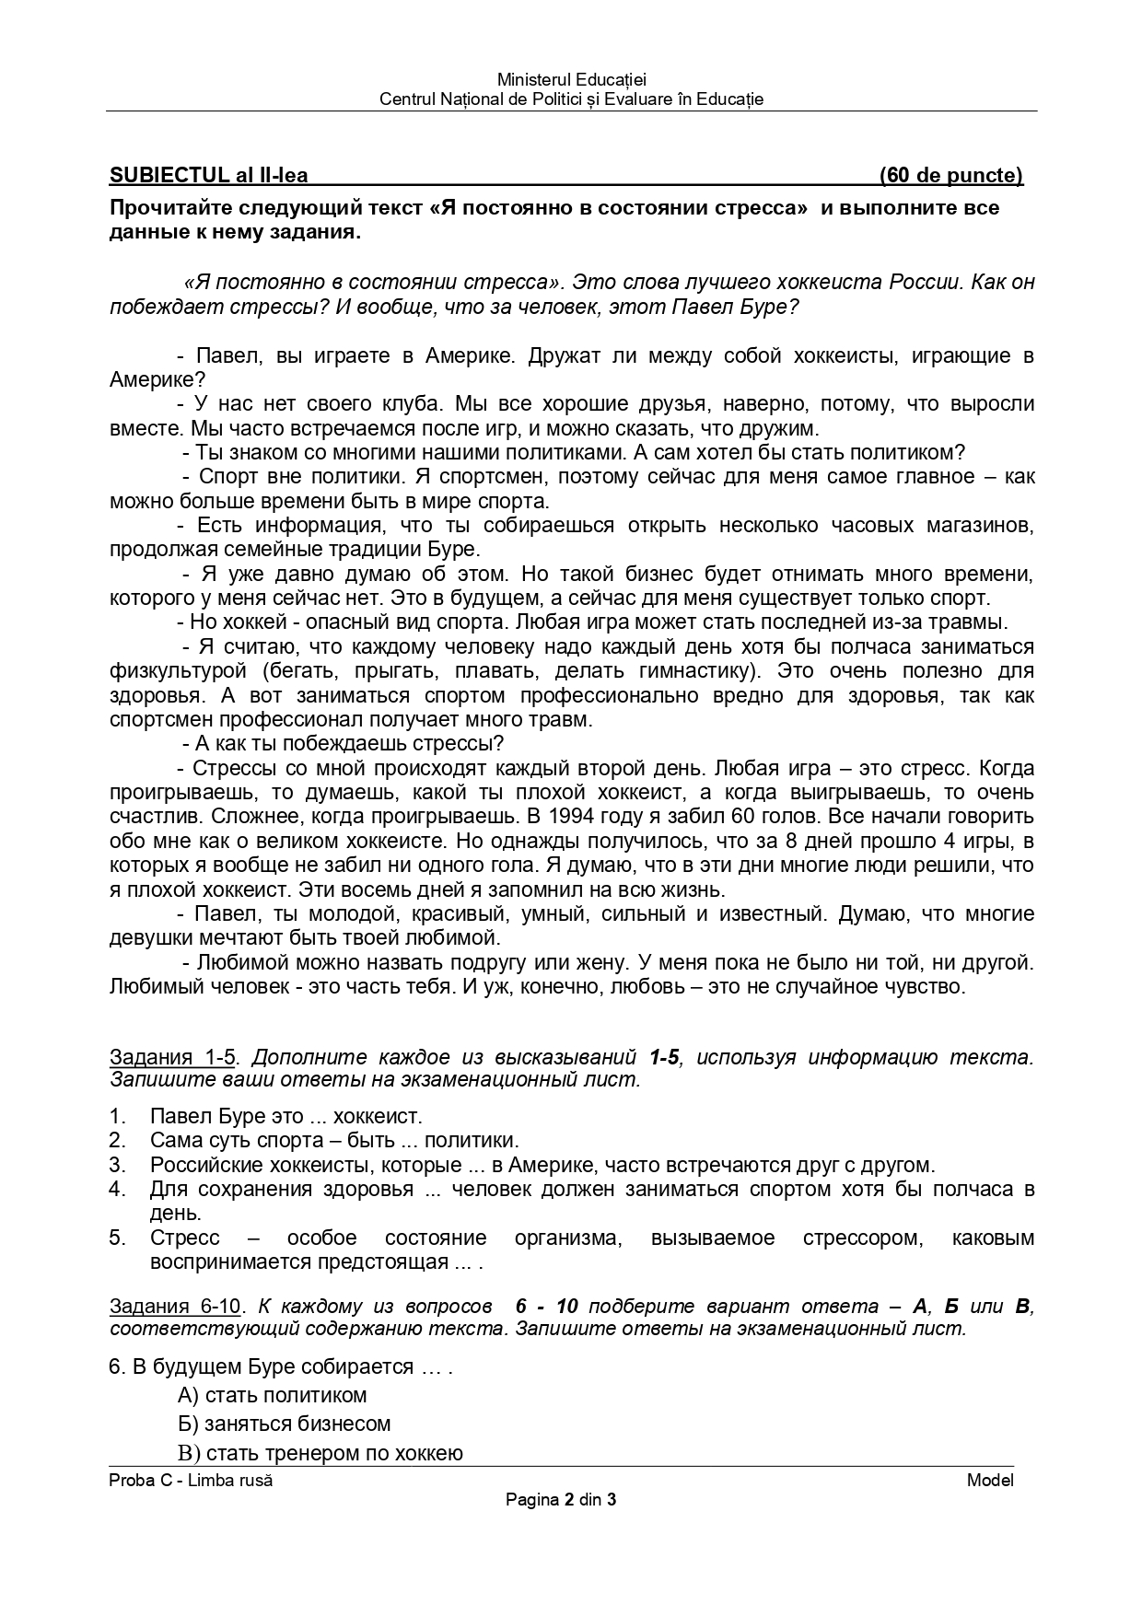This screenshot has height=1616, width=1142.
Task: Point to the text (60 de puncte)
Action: [x=950, y=175]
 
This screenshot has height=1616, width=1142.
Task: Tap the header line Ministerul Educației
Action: [x=571, y=81]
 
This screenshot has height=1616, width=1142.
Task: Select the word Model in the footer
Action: [x=990, y=1481]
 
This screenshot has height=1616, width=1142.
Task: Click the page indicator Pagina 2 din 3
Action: [x=561, y=1500]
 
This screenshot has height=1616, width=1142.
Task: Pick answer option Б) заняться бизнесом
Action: [x=285, y=1424]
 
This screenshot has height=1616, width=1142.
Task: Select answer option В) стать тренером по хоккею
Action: [x=320, y=1454]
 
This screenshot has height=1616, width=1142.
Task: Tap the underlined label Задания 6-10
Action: [x=175, y=1306]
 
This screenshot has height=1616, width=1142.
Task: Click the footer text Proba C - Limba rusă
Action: [x=191, y=1481]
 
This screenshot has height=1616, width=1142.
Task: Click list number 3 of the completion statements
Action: [x=117, y=1165]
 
